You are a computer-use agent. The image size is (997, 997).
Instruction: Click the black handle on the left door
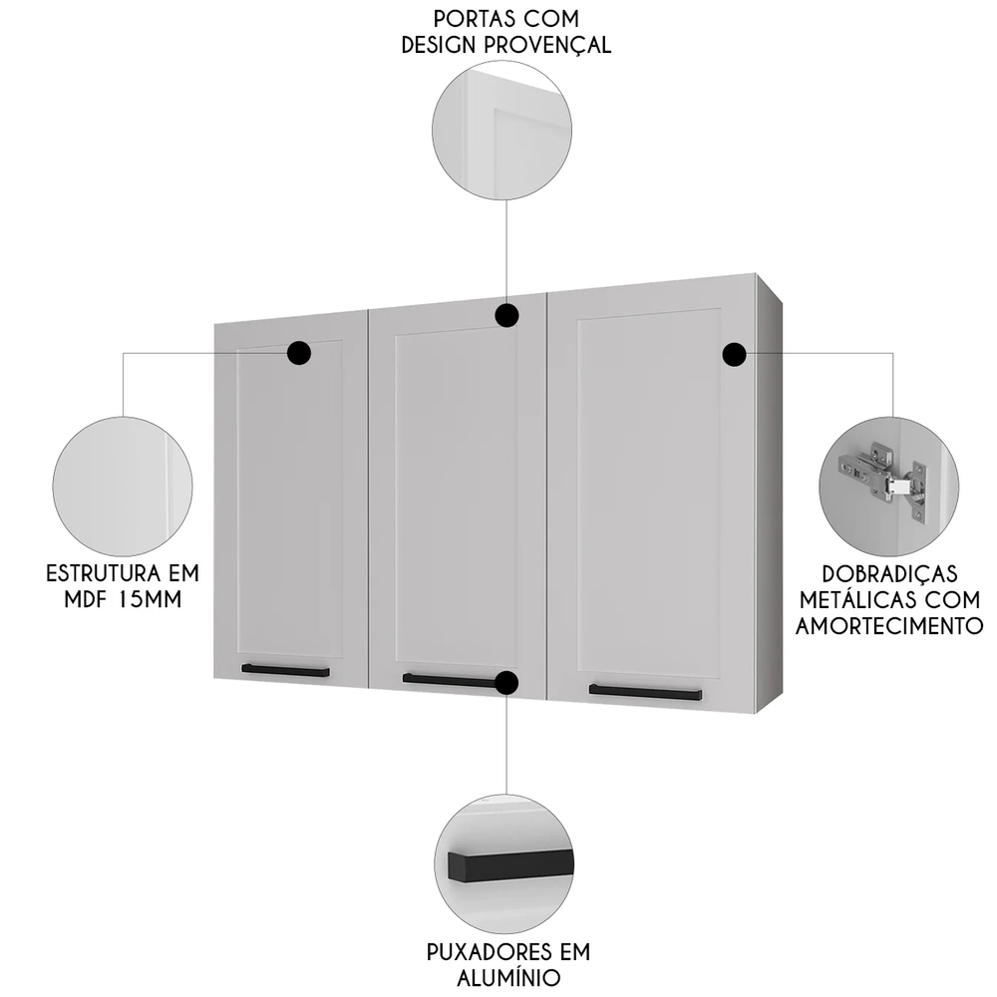coord(286,671)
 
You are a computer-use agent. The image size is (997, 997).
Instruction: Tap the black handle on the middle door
coord(449,681)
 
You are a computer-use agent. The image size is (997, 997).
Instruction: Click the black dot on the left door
coord(299,352)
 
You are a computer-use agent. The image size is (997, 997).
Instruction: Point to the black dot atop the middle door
coord(506,316)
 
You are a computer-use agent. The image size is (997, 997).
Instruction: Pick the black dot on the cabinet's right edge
coord(735,353)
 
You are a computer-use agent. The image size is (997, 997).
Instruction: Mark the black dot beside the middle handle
coord(506,683)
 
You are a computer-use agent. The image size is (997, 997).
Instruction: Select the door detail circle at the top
coord(503,130)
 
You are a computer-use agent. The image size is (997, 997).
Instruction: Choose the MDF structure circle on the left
coord(123,486)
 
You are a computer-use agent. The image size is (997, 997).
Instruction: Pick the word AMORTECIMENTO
coord(889,625)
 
